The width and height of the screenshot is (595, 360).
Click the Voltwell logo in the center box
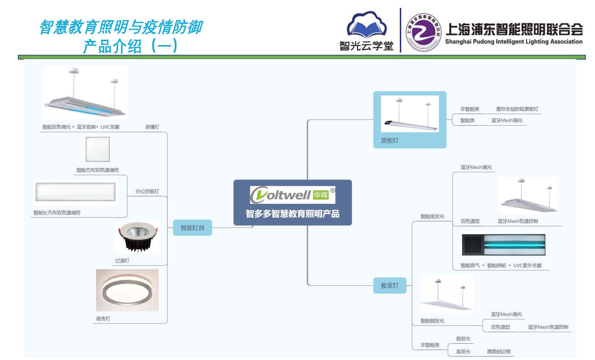(292, 195)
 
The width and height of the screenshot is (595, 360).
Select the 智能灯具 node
(192, 228)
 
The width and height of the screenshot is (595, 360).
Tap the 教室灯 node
(390, 286)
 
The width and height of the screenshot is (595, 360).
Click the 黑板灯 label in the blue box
(390, 141)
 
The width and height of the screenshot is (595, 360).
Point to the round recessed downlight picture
(137, 237)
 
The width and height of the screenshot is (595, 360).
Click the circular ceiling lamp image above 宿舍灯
(127, 290)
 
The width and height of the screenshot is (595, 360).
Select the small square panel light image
(98, 149)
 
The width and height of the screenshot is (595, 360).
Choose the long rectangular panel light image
(76, 192)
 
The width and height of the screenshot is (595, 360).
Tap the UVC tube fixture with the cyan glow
(504, 245)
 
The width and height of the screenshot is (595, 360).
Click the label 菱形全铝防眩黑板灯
(517, 109)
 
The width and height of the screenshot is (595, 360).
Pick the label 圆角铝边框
(499, 351)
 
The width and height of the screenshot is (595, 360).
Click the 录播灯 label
(152, 127)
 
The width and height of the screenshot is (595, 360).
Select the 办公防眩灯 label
(147, 191)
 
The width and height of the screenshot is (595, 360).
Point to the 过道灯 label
(122, 261)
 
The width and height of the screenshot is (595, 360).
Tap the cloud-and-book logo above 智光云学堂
(367, 25)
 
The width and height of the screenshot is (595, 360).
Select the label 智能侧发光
(432, 321)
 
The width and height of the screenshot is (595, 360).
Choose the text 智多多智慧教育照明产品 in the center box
(292, 214)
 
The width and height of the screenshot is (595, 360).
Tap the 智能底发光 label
(432, 216)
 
